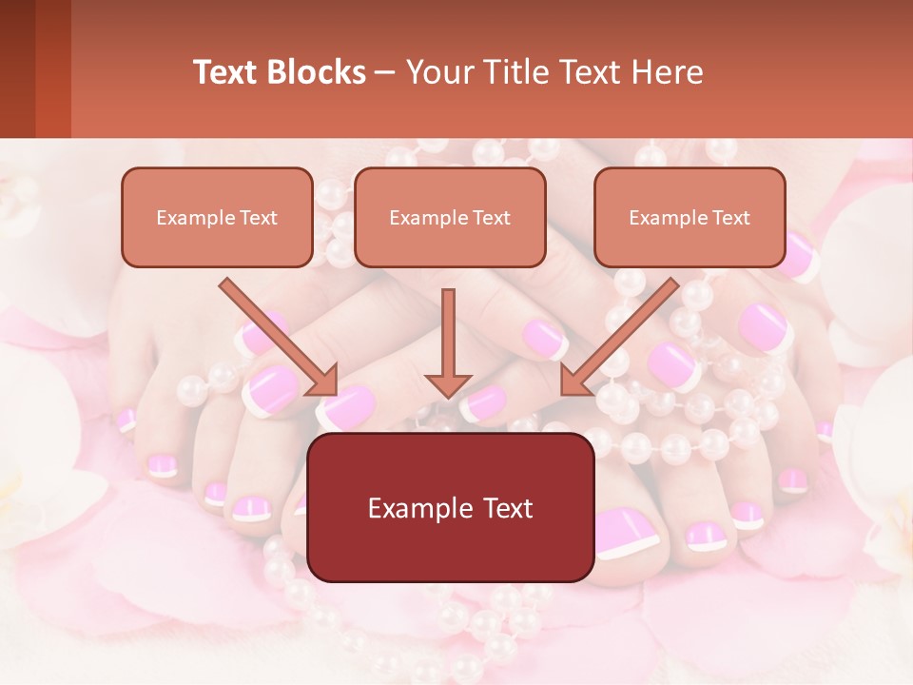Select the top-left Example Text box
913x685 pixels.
217,217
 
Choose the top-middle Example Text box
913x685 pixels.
450,217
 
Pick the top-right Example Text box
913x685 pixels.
690,217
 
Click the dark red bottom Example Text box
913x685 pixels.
450,507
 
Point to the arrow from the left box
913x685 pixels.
279,337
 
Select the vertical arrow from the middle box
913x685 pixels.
448,342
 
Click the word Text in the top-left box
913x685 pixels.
259,218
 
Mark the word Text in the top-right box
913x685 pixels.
731,218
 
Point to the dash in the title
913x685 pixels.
386,72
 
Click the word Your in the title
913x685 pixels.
437,72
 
